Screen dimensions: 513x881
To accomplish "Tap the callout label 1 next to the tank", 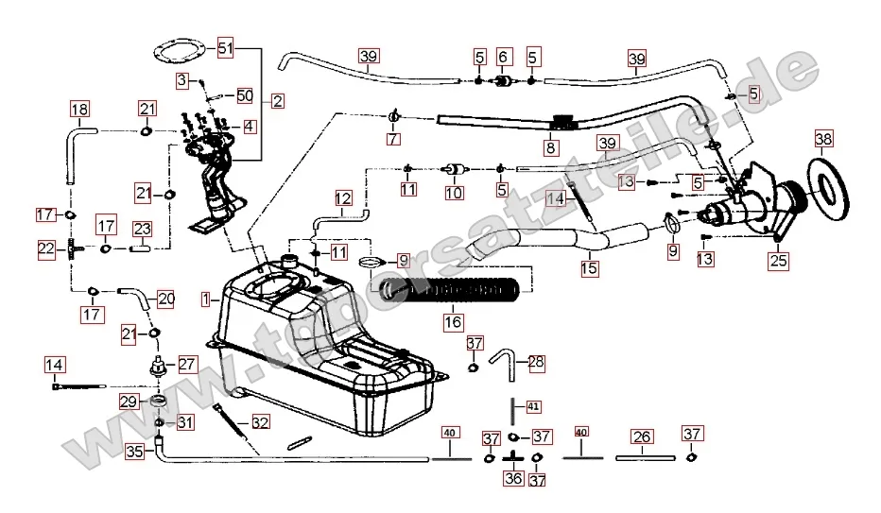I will tap(205, 299).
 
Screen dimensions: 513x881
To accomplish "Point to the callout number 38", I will tap(823, 142).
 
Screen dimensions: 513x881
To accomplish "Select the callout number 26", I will tap(641, 436).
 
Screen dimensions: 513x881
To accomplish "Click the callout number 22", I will tap(46, 248).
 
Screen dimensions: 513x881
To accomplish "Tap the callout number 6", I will tap(502, 58).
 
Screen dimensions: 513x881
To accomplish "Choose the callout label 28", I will tap(536, 362).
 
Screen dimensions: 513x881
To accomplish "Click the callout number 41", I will tap(533, 406).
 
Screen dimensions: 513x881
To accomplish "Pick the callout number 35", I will tap(134, 452).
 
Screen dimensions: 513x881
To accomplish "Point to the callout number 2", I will tap(276, 99).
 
